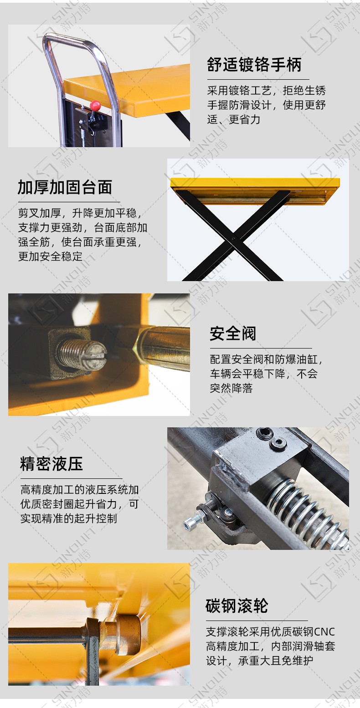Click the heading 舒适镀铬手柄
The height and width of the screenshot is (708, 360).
point(254,65)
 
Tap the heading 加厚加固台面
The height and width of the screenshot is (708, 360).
point(65,187)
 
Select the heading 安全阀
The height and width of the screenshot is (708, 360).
point(233,333)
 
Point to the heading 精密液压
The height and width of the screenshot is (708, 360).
point(51,464)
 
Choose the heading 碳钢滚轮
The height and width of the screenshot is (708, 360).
point(237,606)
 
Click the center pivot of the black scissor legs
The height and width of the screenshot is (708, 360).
point(234,238)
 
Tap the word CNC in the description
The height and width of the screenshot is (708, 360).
point(324,632)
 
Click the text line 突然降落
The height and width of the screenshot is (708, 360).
point(231,388)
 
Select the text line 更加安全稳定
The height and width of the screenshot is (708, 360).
point(50,257)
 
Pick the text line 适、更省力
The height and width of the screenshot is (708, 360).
point(234,119)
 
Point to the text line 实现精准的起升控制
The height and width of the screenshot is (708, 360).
point(69,518)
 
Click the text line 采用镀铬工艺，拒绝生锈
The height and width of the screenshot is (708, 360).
point(267,91)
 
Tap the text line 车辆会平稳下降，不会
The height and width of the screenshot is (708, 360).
point(263,374)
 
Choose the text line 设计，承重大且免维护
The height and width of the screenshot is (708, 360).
point(259,661)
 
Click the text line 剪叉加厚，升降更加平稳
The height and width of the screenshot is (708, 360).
point(80,213)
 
